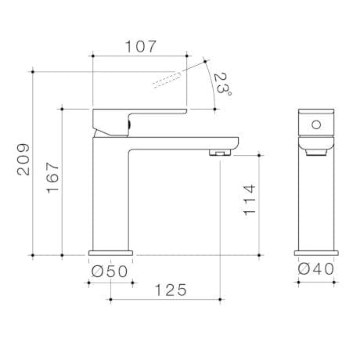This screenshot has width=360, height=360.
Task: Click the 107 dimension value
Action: [140, 46]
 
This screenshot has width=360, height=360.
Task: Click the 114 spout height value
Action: [248, 203]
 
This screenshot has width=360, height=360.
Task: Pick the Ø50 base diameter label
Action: [110, 270]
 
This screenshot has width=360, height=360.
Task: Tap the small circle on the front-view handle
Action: [317, 124]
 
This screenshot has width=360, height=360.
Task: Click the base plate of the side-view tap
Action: [110, 254]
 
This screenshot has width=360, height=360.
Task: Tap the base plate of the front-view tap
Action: [317, 254]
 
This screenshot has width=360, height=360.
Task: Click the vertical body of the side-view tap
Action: [110, 196]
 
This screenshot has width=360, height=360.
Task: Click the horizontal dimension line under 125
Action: [164, 299]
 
